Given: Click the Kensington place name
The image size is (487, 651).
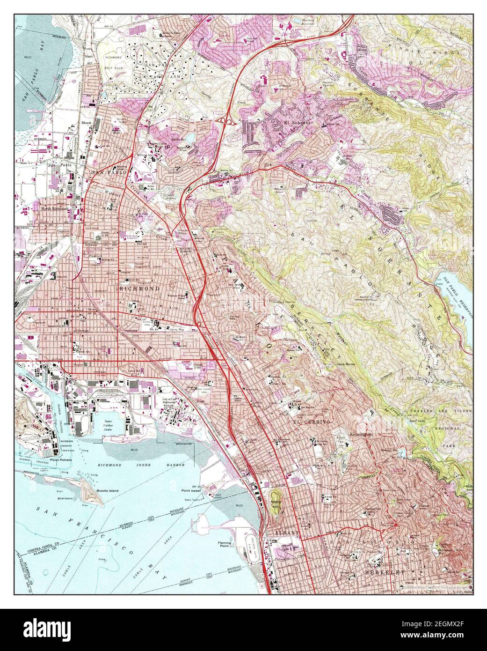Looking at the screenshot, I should click(361, 435).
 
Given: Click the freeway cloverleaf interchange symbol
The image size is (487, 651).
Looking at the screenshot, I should click(227, 121).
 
